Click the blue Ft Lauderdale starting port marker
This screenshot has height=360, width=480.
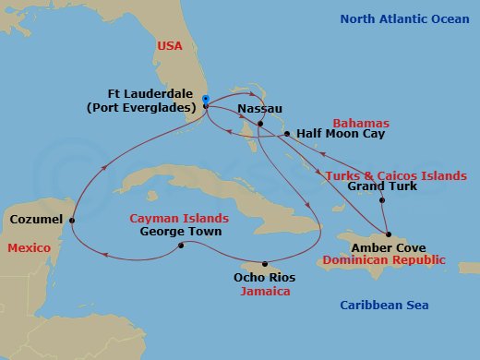[x=206, y=99]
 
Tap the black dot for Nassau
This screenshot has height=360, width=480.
[x=261, y=124]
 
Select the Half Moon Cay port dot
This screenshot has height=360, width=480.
[x=287, y=134]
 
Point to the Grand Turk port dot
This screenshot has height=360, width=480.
[x=383, y=200]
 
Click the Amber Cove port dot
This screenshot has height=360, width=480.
[x=389, y=234]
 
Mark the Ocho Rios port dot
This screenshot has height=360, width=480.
[x=265, y=263]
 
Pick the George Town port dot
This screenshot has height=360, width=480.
[x=181, y=245]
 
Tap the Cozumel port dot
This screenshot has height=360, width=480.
[x=72, y=220]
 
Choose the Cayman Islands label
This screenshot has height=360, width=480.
[x=179, y=218]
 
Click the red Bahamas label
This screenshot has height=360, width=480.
[x=361, y=123]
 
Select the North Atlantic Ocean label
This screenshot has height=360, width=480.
[x=404, y=18]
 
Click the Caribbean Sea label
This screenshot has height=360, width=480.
[x=384, y=305]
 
